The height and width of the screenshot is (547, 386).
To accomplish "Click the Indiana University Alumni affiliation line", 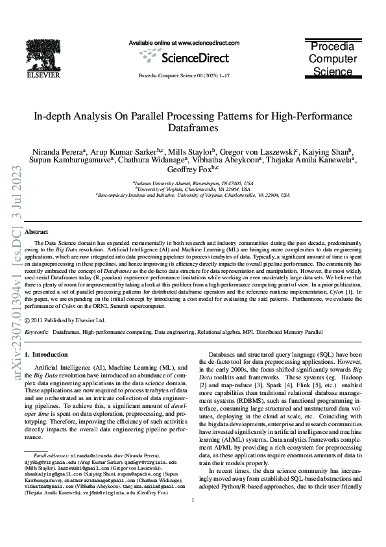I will point(193,184).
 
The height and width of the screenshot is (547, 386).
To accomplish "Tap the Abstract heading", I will point(36,232).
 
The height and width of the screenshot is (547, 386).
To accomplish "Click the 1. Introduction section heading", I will point(46,355).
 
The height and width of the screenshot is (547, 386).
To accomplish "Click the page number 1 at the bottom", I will point(193,518).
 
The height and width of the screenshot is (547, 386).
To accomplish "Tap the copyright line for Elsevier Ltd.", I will point(65,320).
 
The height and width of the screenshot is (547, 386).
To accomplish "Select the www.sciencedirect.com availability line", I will point(184,43).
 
